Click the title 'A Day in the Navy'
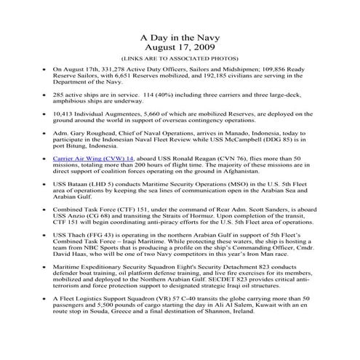pyautogui.click(x=179, y=36)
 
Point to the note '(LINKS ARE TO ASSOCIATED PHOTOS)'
pyautogui.click(x=179, y=60)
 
